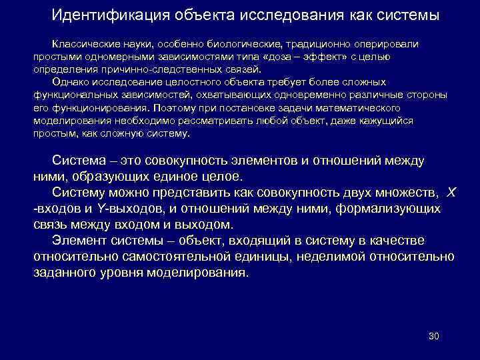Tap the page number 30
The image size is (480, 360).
point(433,335)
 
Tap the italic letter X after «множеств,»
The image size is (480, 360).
point(451,192)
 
